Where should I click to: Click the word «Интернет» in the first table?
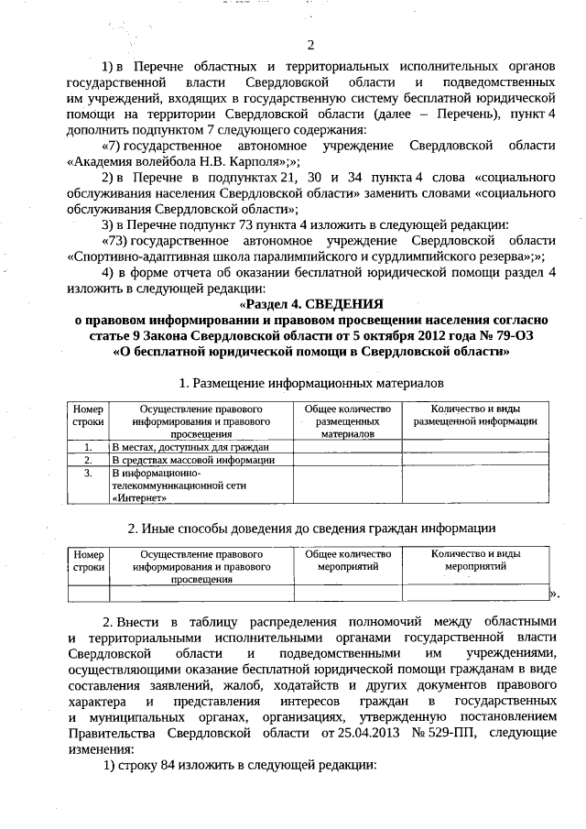pyautogui.click(x=139, y=499)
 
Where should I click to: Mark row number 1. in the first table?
pyautogui.click(x=88, y=446)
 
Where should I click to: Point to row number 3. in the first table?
pyautogui.click(x=88, y=473)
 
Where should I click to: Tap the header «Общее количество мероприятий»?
pyautogui.click(x=347, y=561)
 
